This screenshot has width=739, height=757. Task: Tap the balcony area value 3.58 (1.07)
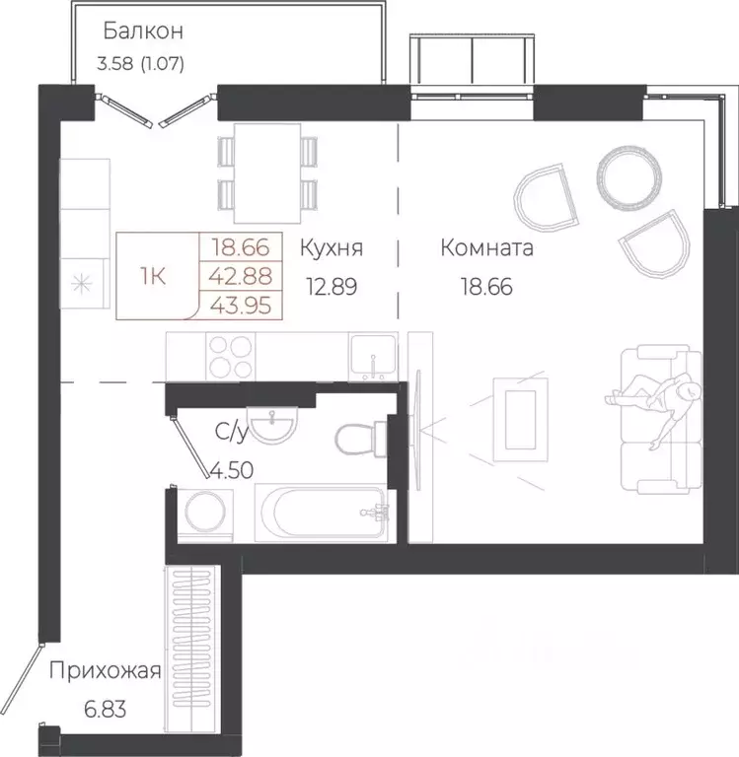coord(142,66)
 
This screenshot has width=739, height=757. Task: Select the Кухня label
coord(331,248)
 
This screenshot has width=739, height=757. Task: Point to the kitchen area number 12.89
coord(331,287)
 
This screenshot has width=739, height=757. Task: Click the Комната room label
coord(486,248)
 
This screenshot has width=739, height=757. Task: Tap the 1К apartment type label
coord(153,275)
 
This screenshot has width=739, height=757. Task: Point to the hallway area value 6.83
coord(104,710)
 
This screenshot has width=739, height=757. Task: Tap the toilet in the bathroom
coord(357,438)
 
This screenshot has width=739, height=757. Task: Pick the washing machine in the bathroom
coord(204,514)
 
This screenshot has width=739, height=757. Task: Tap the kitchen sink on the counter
coord(373,355)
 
